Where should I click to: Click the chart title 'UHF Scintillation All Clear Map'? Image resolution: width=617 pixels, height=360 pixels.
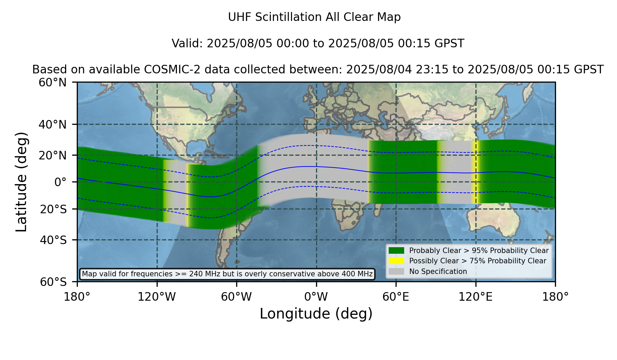click(x=314, y=17)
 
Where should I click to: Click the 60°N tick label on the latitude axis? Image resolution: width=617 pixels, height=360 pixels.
click(x=53, y=83)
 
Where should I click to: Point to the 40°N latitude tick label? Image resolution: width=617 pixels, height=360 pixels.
click(x=53, y=124)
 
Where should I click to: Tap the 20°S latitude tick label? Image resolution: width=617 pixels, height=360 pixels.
click(x=53, y=209)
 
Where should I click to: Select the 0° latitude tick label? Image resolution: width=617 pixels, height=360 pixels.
click(x=61, y=182)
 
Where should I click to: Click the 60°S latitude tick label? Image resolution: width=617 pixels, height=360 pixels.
click(x=53, y=282)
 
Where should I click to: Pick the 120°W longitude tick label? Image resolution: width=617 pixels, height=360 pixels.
click(x=157, y=297)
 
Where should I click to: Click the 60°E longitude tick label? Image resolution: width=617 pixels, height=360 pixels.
click(x=396, y=297)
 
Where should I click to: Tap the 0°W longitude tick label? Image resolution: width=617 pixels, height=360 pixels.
click(x=316, y=297)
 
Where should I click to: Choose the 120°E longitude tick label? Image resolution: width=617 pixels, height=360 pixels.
click(x=475, y=297)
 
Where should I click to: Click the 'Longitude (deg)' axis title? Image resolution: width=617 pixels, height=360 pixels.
click(x=316, y=314)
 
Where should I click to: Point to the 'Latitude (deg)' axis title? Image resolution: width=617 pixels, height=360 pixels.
click(x=21, y=182)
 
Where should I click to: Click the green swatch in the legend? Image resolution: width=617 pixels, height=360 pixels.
click(x=397, y=251)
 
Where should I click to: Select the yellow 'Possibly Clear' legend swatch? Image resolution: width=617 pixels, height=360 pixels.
click(x=397, y=261)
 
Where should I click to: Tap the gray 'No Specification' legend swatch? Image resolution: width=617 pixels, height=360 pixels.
click(x=397, y=272)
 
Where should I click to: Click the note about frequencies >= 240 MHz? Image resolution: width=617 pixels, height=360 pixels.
click(x=227, y=274)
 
